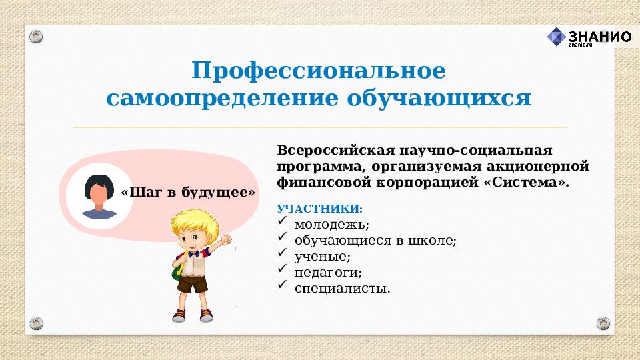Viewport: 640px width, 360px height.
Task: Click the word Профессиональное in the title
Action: tap(319, 71)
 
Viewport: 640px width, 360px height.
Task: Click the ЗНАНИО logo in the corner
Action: tap(589, 37)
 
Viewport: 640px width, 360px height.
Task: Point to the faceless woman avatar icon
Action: tap(99, 195)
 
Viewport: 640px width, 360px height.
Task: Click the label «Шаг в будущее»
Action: tap(189, 193)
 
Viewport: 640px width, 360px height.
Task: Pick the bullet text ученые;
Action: tap(322, 257)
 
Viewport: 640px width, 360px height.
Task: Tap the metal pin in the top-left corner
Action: tap(36, 36)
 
